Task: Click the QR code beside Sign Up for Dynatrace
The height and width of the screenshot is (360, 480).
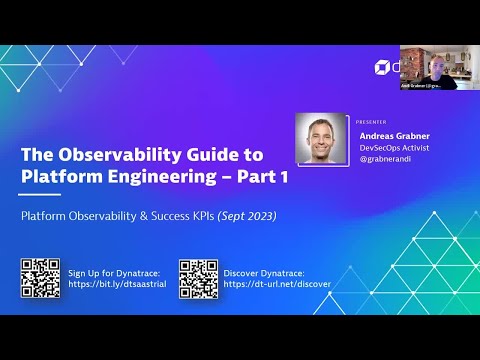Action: coord(40,278)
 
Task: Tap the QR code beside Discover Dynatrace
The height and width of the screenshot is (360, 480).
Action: coord(198,278)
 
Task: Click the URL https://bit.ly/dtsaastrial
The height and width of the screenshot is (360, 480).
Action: coord(114,284)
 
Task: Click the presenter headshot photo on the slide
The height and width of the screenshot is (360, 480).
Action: coord(323,139)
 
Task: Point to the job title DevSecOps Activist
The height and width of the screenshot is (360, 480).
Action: coord(396,144)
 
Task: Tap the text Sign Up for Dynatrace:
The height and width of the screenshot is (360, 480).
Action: coord(114,272)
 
